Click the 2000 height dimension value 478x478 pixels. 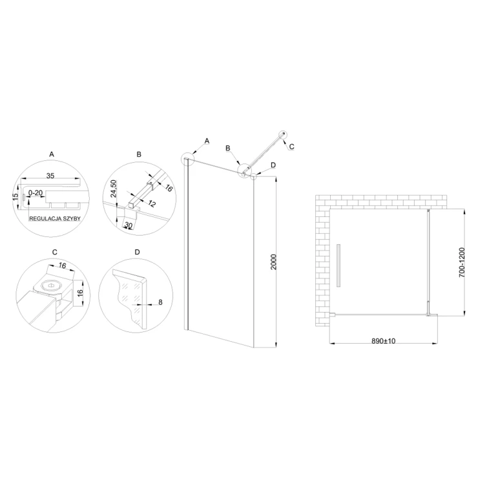273,262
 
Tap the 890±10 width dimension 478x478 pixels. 383,341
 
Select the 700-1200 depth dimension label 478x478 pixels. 462,262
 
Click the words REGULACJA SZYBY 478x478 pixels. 55,218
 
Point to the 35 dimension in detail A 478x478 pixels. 50,176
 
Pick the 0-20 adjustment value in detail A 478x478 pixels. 36,193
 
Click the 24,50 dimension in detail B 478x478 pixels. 114,189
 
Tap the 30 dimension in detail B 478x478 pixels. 129,225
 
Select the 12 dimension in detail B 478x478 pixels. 152,203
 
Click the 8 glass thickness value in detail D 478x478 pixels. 160,302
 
